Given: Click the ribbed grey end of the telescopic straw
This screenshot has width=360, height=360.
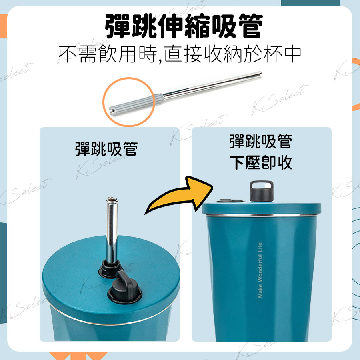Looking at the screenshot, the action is (x=136, y=104).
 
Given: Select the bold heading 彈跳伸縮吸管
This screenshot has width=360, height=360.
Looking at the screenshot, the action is (x=184, y=26).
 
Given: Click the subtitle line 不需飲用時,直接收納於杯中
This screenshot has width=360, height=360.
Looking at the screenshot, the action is (x=180, y=54).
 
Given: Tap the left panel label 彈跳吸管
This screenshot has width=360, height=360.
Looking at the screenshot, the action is (x=106, y=149).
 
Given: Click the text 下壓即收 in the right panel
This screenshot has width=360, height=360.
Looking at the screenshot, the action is (x=261, y=162).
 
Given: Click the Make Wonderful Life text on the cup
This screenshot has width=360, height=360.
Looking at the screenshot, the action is (x=260, y=270).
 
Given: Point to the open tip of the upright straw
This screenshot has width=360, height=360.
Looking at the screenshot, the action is (x=112, y=199).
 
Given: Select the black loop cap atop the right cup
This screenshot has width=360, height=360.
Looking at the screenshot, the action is (x=262, y=191).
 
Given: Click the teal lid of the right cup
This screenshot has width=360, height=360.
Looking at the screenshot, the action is (x=262, y=208).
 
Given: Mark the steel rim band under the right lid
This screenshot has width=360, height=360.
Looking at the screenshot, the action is (x=262, y=215).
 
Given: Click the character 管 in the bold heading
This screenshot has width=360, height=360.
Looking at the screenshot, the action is (x=251, y=26).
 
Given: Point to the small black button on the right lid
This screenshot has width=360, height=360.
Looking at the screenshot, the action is (x=230, y=201).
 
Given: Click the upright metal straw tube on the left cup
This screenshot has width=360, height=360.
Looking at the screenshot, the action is (x=112, y=230).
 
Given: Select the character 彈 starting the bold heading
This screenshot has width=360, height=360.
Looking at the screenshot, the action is (x=118, y=26).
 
